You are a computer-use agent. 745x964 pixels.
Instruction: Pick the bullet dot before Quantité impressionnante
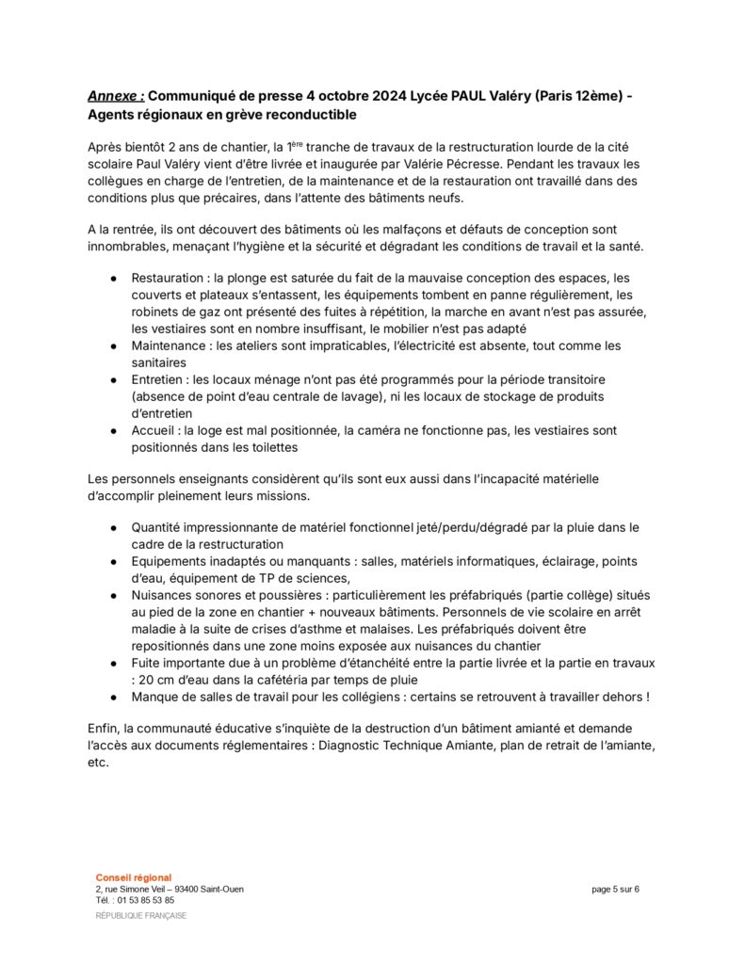point(113,527)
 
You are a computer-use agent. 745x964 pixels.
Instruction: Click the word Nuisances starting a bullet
point(164,595)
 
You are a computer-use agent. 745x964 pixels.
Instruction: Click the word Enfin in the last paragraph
point(104,729)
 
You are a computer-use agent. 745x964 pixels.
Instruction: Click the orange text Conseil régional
point(134,877)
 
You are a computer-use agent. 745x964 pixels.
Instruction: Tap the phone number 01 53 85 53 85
point(146,900)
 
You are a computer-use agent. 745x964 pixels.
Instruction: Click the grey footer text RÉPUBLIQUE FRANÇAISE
point(141,916)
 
